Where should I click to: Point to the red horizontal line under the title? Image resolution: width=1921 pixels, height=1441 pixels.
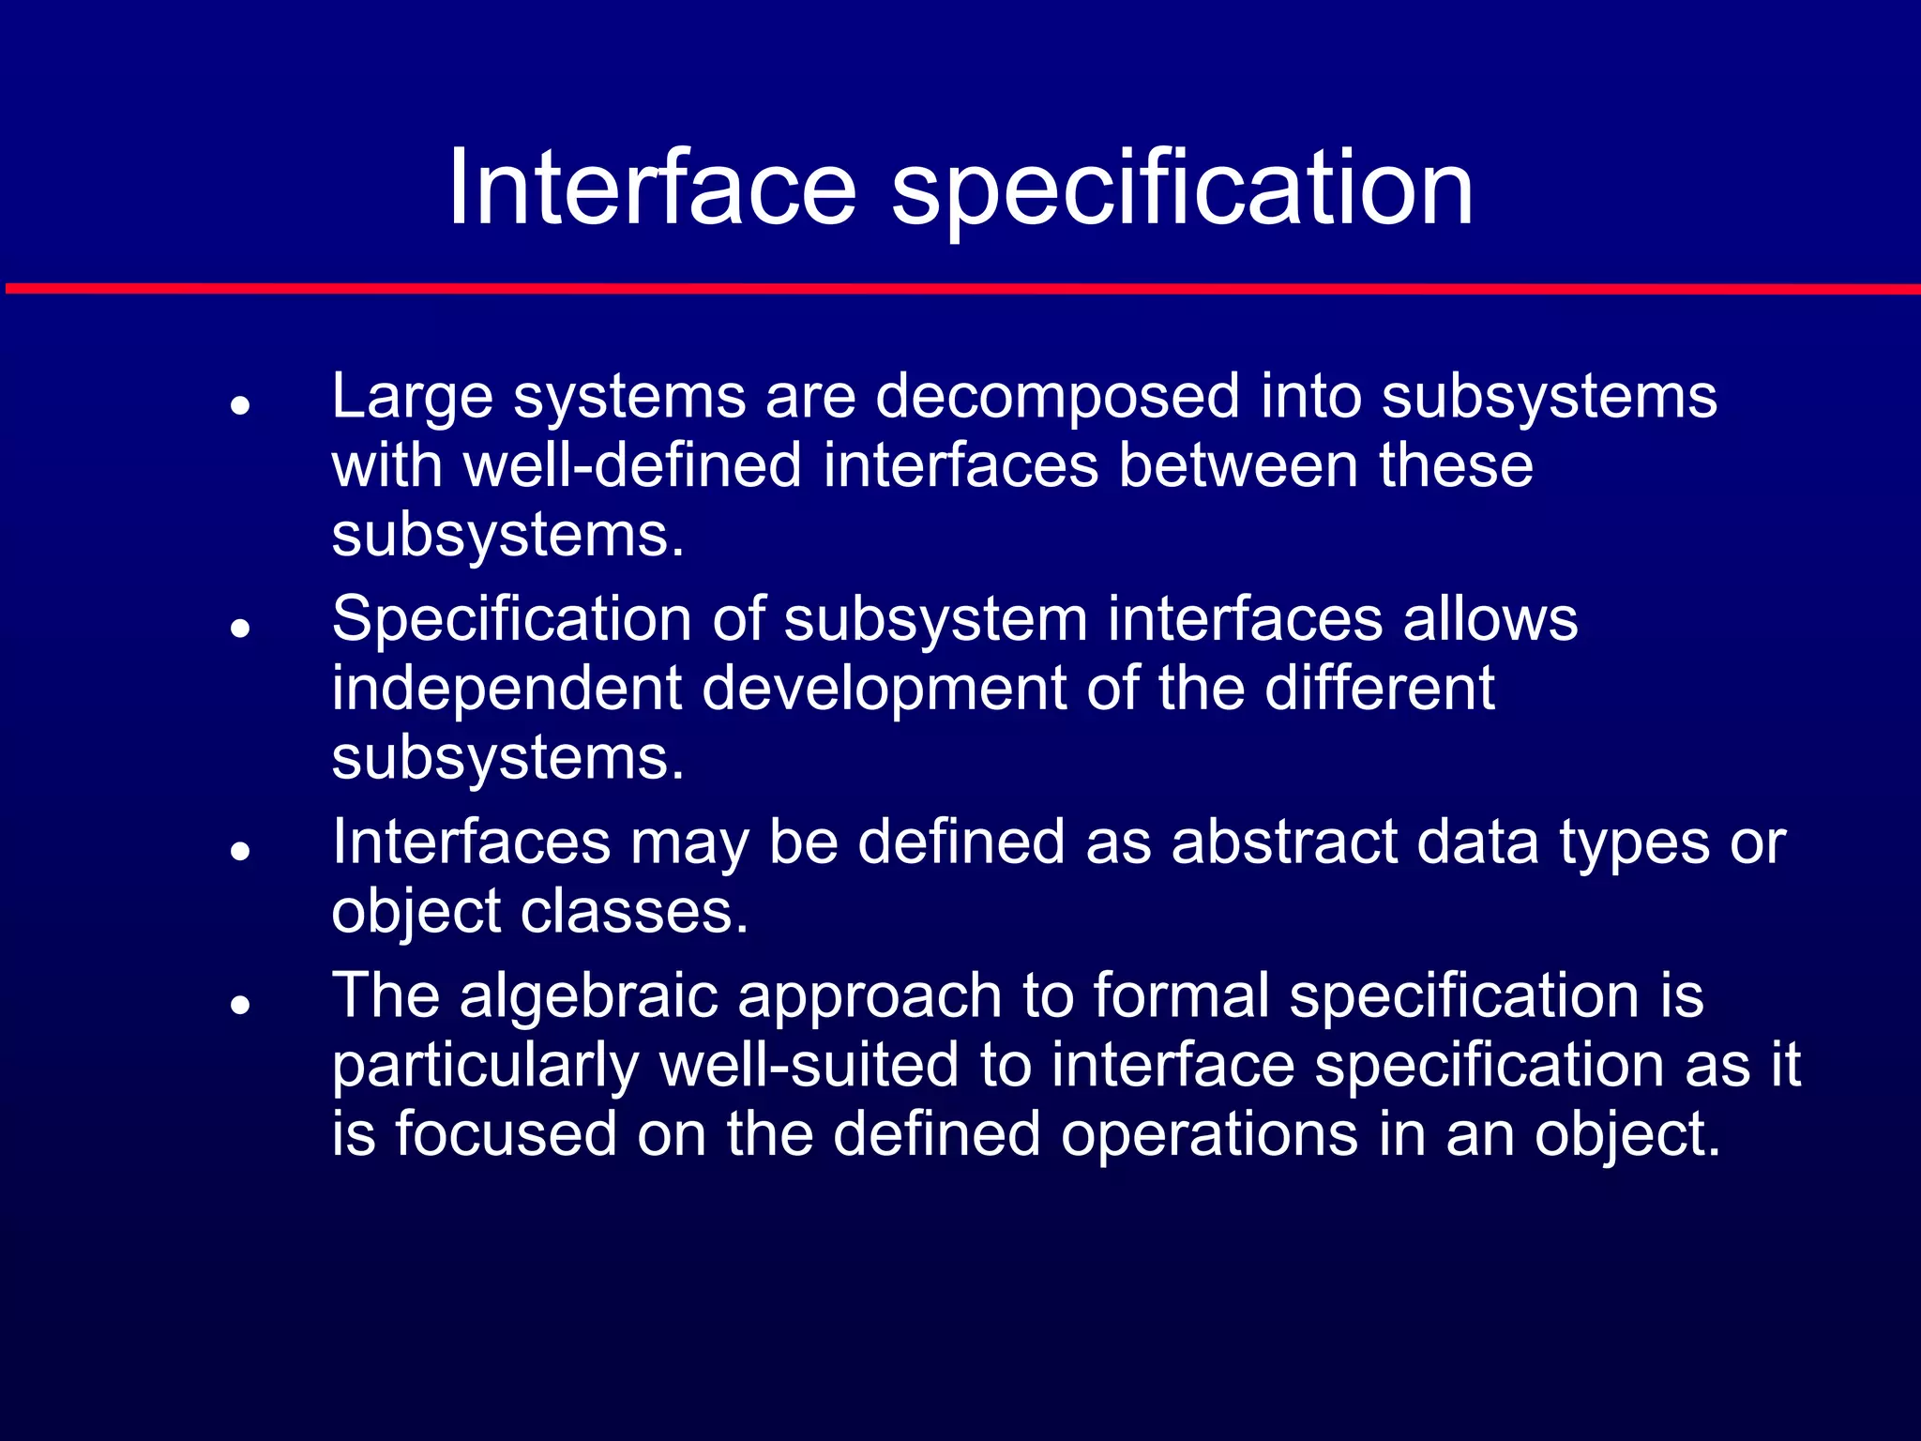click(960, 288)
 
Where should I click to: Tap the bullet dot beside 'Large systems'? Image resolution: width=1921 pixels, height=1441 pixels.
click(241, 405)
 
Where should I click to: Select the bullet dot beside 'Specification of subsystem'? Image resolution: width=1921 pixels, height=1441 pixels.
click(241, 628)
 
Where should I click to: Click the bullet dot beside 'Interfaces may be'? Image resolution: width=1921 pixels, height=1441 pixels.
click(241, 851)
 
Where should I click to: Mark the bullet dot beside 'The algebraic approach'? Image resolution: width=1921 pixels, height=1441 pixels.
click(241, 1005)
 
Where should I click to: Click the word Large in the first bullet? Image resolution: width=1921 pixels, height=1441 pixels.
click(412, 398)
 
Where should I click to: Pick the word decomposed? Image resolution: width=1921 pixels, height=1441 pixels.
click(1057, 398)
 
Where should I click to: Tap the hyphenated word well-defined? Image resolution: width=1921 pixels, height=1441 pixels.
click(633, 465)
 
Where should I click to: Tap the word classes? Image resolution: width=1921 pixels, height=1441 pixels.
click(634, 912)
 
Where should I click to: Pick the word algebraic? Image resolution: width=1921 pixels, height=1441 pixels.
click(588, 995)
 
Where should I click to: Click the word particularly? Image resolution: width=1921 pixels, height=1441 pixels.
click(486, 1067)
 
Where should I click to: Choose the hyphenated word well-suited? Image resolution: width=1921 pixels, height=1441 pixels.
click(809, 1065)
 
